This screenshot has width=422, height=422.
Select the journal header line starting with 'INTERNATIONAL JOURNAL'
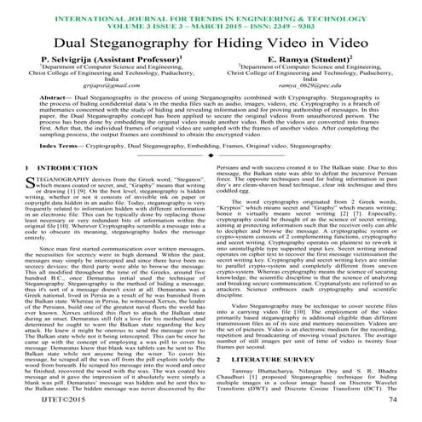click(211, 7)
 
